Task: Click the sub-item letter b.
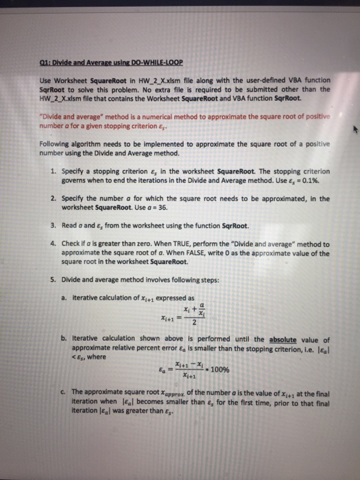pos(64,339)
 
